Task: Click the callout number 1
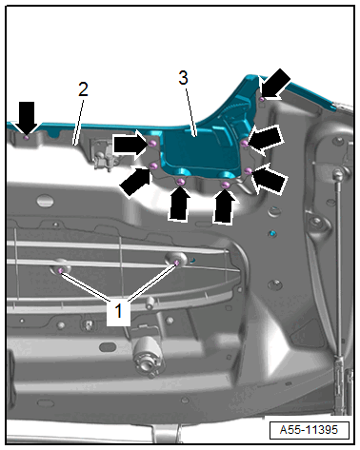(118, 310)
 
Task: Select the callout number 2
(83, 89)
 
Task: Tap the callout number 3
(183, 78)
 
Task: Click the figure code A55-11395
(309, 430)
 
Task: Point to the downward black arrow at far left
(27, 118)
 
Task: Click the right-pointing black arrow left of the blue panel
(130, 145)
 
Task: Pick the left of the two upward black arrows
(179, 203)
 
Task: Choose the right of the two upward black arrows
(224, 205)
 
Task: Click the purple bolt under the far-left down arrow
(27, 138)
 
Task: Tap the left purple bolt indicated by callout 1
(60, 270)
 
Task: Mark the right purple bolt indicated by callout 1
(177, 263)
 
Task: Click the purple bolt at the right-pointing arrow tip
(152, 144)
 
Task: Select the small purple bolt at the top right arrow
(262, 100)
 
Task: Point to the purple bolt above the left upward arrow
(181, 182)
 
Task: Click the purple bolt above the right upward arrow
(225, 185)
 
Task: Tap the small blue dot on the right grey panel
(272, 234)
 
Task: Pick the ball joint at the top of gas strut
(337, 173)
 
